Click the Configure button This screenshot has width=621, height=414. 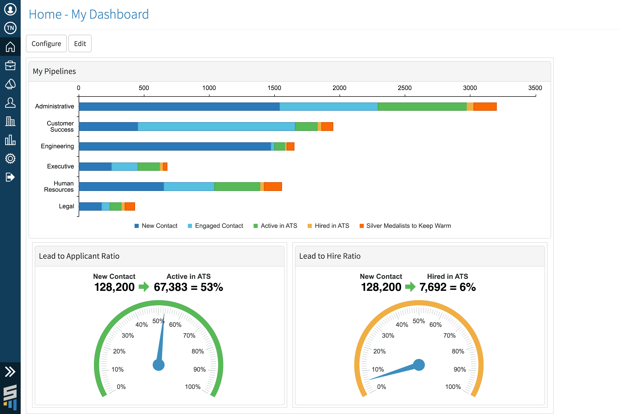[46, 43]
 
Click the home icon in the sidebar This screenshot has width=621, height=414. [10, 47]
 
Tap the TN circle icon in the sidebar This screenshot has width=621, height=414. [10, 28]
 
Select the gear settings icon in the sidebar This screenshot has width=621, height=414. [10, 158]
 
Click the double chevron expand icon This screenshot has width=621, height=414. [10, 372]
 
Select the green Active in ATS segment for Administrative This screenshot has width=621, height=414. [422, 107]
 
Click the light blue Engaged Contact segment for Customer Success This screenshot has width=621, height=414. [216, 127]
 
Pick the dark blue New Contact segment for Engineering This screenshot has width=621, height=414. [175, 146]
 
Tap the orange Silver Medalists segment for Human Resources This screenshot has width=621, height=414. [273, 187]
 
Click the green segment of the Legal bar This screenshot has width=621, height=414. [116, 206]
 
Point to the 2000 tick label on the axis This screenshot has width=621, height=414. [339, 88]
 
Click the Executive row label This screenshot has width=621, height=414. [61, 166]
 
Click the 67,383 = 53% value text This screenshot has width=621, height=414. [188, 287]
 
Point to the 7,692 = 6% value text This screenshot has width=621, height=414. [448, 287]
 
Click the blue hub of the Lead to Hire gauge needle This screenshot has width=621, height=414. [419, 365]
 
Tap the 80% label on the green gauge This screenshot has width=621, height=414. [197, 351]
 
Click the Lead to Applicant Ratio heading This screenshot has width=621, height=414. [79, 256]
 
